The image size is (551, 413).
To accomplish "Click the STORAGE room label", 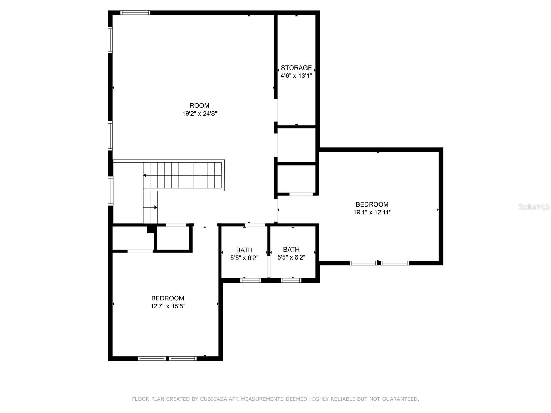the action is pyautogui.click(x=296, y=68).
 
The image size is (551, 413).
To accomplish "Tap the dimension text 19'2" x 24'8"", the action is pyautogui.click(x=199, y=114).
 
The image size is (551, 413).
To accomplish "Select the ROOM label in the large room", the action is pyautogui.click(x=199, y=106).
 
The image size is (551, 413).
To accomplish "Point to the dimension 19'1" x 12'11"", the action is pyautogui.click(x=372, y=212).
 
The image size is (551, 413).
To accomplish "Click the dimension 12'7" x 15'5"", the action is pyautogui.click(x=168, y=306).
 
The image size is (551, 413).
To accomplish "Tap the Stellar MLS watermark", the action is pyautogui.click(x=534, y=206).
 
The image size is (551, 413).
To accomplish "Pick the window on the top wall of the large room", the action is pyautogui.click(x=135, y=13).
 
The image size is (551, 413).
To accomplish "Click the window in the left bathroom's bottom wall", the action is pyautogui.click(x=250, y=280).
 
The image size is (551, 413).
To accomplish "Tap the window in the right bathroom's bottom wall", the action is pyautogui.click(x=291, y=280).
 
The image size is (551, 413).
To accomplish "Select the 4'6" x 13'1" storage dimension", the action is pyautogui.click(x=296, y=76).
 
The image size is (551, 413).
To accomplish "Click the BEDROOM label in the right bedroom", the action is pyautogui.click(x=372, y=204).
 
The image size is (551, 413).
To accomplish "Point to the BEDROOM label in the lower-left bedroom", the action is pyautogui.click(x=168, y=298).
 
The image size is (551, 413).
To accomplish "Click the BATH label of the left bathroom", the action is pyautogui.click(x=244, y=250).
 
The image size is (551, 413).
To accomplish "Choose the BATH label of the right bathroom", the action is pyautogui.click(x=291, y=249).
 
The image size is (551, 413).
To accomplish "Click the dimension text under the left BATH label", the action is pyautogui.click(x=244, y=258).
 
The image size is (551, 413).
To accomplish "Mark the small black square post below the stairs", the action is pyautogui.click(x=150, y=229).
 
